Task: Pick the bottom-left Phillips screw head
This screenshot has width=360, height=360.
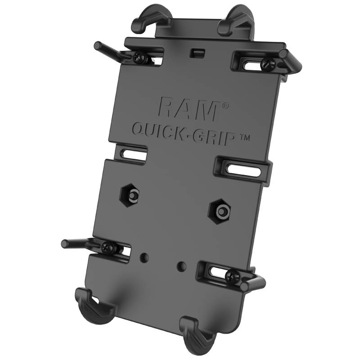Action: click(x=108, y=247)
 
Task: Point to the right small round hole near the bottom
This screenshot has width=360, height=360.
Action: click(x=181, y=265)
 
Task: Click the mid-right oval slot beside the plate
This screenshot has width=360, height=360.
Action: click(x=243, y=170)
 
